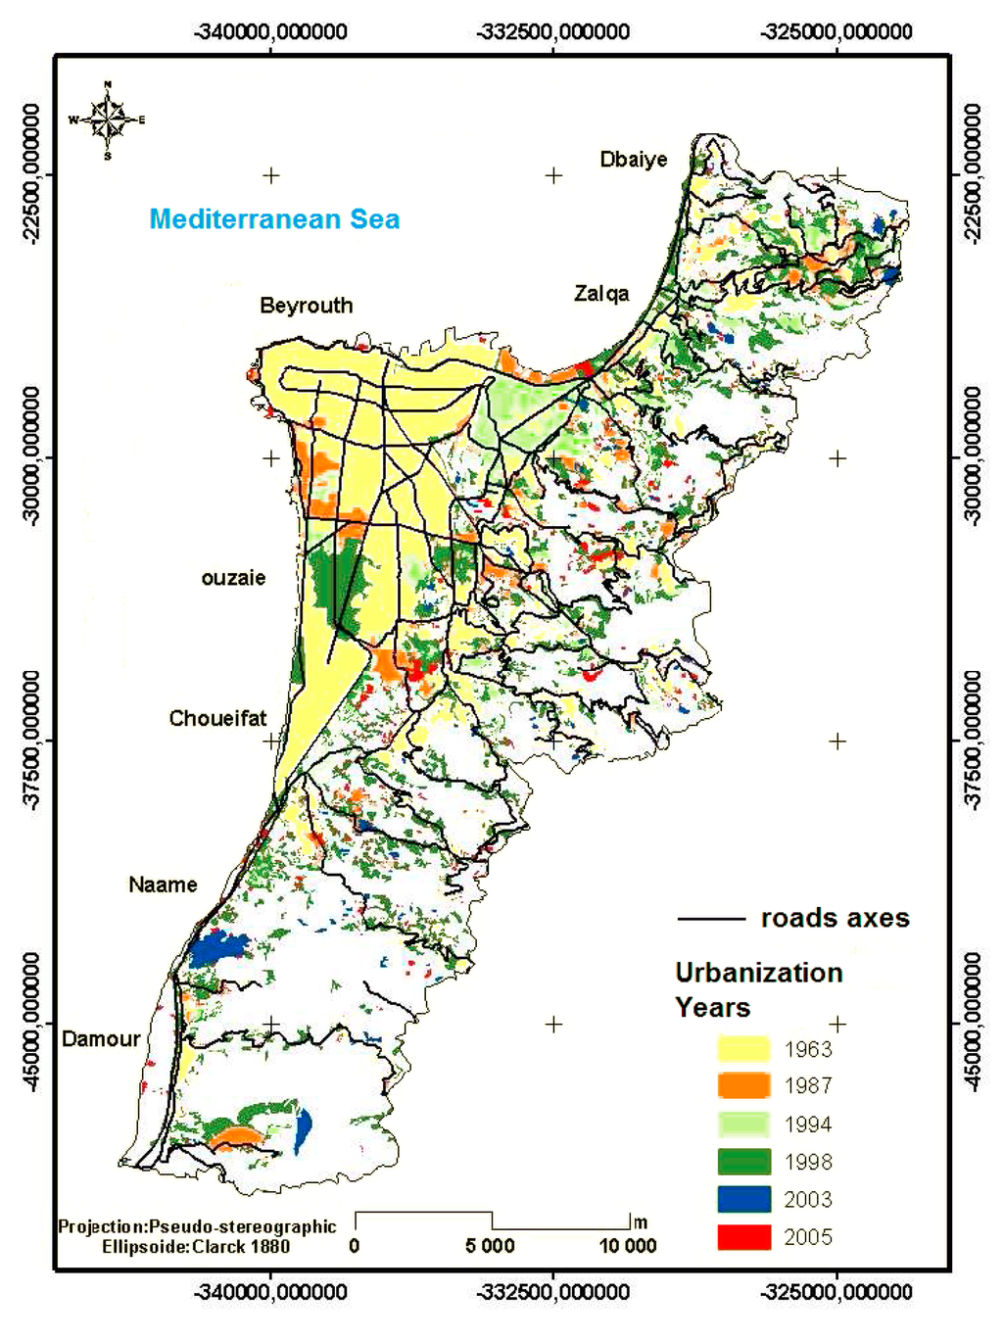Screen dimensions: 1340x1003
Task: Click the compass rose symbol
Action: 107,120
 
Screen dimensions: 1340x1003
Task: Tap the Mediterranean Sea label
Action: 274,219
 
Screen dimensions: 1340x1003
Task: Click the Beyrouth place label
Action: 306,306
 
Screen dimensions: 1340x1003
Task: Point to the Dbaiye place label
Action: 634,160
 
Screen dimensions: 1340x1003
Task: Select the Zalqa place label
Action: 601,294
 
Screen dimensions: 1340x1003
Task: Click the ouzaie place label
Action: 233,578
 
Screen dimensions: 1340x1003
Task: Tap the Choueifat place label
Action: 217,719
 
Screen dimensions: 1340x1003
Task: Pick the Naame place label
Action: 163,885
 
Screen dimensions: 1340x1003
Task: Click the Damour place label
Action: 101,1039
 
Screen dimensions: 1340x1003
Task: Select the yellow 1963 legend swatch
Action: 743,1049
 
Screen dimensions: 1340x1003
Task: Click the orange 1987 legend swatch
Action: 743,1086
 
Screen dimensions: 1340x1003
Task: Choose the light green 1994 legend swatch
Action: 743,1125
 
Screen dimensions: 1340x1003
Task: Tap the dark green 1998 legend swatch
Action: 743,1162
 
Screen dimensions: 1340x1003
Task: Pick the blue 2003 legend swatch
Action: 743,1199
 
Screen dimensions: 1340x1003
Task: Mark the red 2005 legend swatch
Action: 743,1237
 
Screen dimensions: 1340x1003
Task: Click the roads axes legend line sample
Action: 711,919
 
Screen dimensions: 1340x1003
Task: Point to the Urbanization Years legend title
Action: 758,989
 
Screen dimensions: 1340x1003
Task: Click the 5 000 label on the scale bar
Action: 490,1246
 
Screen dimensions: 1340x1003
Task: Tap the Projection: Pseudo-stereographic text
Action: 197,1227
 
